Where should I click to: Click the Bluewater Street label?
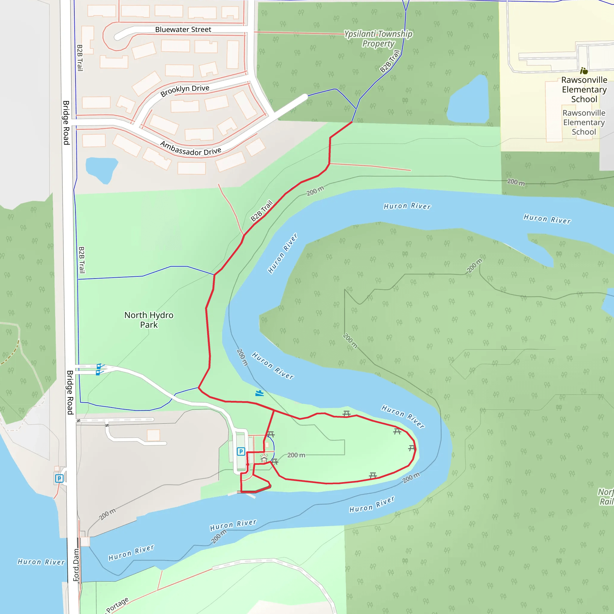click(x=183, y=30)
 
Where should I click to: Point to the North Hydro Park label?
click(x=149, y=320)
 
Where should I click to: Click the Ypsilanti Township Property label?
click(x=378, y=38)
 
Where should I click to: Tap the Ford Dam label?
click(x=76, y=565)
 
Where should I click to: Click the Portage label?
click(x=117, y=605)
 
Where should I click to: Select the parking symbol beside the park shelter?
click(x=241, y=451)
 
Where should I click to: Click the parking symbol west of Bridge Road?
click(x=59, y=478)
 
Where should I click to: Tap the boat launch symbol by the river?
click(x=259, y=393)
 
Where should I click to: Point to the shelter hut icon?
click(x=264, y=458)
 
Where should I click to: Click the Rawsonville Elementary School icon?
click(x=584, y=70)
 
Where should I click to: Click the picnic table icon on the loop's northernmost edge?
click(x=346, y=413)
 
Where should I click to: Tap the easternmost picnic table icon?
click(x=412, y=448)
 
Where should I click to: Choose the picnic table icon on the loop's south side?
click(x=373, y=475)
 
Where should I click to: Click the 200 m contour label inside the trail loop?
click(x=296, y=455)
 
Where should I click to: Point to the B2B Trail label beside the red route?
click(x=261, y=210)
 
